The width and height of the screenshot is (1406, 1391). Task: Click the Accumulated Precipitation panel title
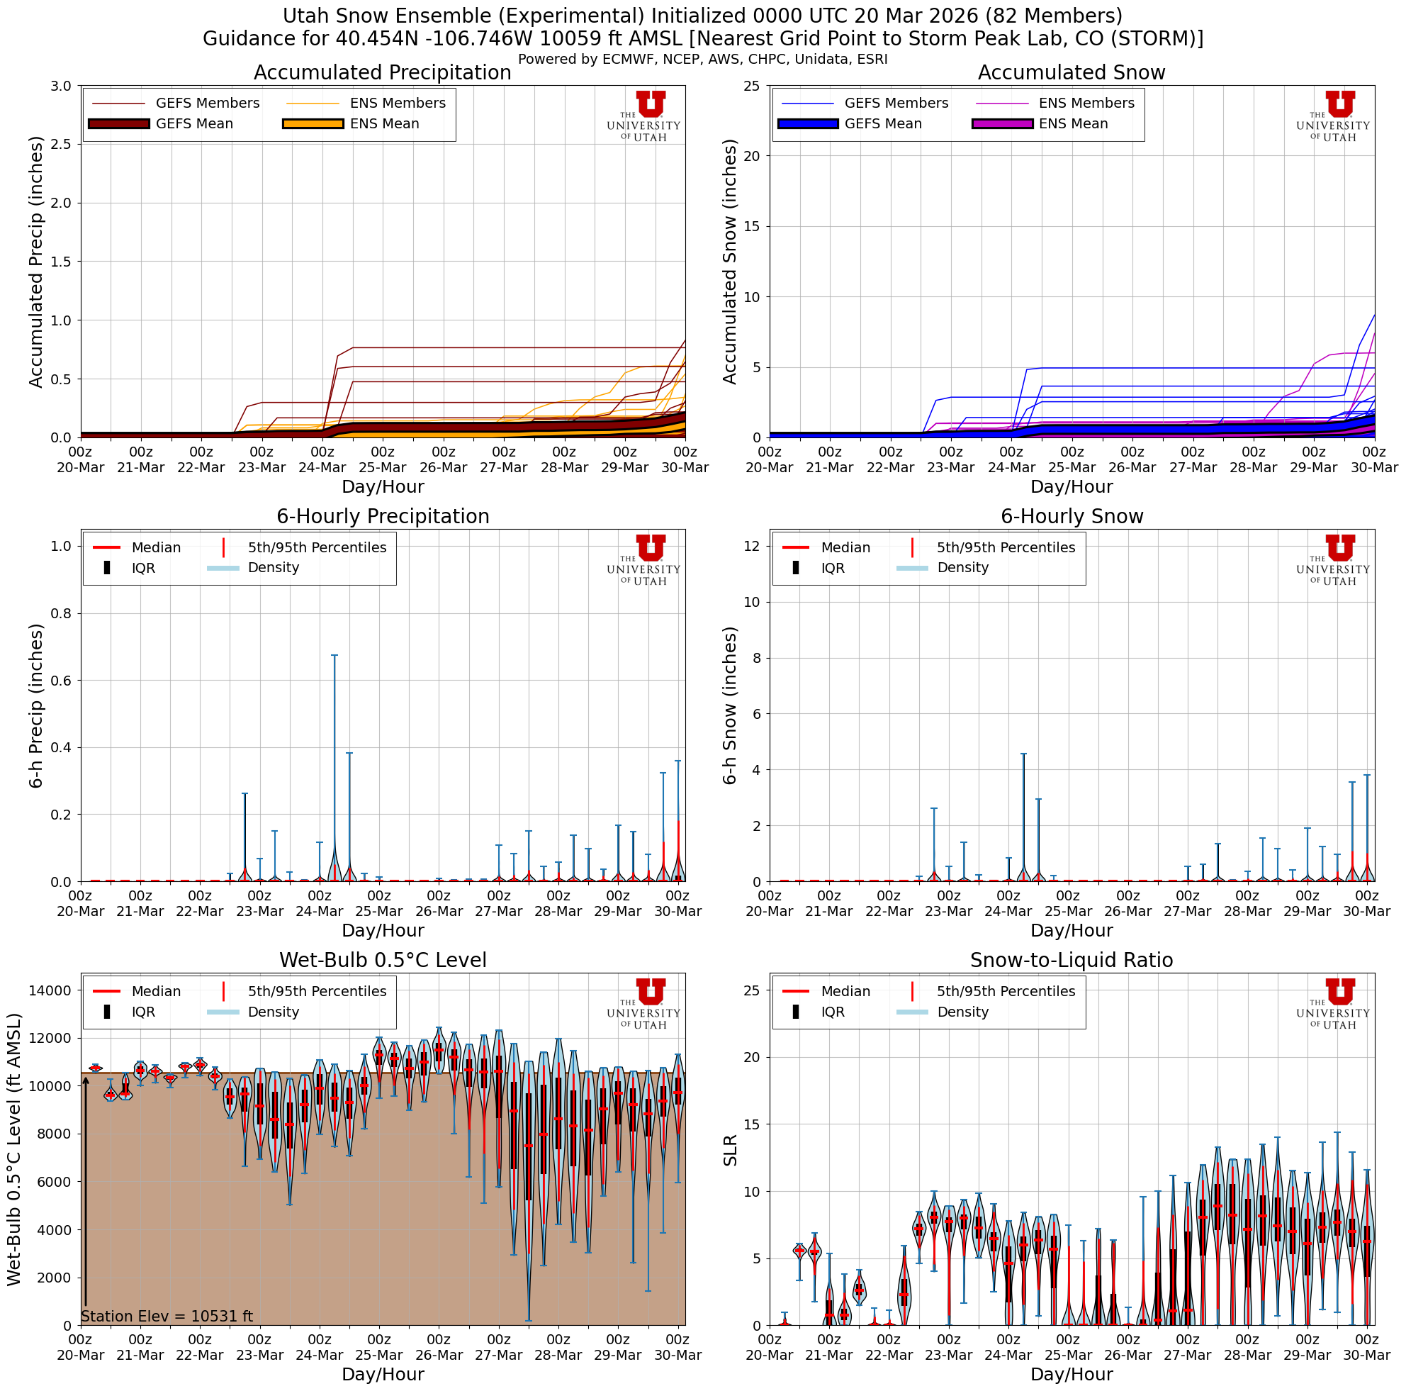point(382,73)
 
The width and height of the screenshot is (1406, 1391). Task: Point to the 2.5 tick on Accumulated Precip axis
point(62,144)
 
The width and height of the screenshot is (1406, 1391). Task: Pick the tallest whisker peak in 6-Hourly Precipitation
point(334,655)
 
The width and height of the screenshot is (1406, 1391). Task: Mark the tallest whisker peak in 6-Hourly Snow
point(1023,754)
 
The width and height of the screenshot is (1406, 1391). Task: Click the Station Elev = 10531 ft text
point(167,1316)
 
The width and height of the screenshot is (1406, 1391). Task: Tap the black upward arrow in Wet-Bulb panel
point(86,1194)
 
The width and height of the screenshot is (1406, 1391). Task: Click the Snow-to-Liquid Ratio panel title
point(1072,960)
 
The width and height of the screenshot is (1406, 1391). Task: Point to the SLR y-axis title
point(731,1150)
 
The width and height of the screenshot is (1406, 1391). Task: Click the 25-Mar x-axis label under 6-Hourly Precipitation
point(378,910)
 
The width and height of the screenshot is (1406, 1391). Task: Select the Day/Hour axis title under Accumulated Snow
point(1072,486)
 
